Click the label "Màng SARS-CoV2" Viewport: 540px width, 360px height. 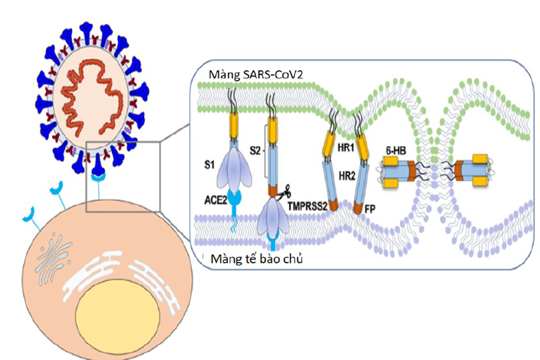click(254, 72)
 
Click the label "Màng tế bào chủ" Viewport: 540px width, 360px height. click(256, 259)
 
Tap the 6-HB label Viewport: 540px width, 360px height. click(393, 152)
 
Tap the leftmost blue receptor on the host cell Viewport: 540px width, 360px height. click(28, 214)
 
